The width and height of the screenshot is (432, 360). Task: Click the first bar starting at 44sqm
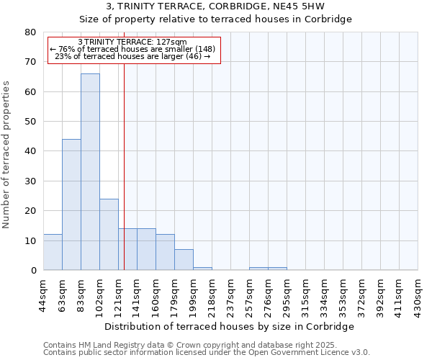53,252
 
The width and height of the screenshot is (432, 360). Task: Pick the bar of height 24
109,234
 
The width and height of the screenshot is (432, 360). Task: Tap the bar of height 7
184,260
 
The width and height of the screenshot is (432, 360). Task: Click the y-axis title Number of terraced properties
6,155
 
